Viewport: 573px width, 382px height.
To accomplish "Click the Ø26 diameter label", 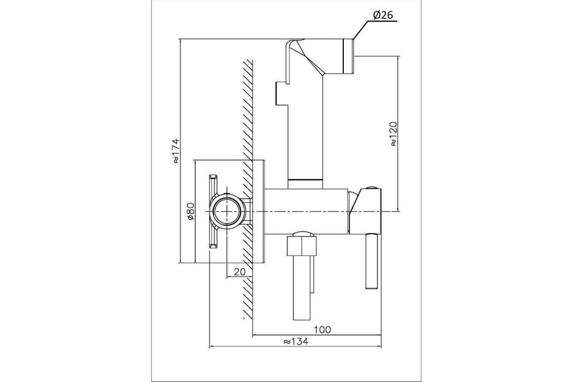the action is click(383, 15).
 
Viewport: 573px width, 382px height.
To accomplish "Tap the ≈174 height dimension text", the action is click(176, 151).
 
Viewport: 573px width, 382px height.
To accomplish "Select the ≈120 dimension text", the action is click(393, 134).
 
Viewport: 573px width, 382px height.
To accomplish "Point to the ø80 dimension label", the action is click(190, 212).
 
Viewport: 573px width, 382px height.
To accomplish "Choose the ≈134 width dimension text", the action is click(296, 341).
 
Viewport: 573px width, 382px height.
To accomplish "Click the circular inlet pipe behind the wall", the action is click(227, 212).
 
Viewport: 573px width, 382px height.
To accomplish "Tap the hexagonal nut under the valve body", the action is click(301, 246).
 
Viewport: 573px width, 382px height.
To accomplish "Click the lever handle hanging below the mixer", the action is click(372, 262).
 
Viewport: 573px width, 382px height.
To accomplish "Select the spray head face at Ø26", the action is click(348, 57).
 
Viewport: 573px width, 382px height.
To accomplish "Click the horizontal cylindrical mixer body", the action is click(306, 211).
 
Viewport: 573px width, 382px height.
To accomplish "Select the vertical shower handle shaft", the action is click(305, 128).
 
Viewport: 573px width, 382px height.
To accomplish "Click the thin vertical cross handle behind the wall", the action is click(213, 212).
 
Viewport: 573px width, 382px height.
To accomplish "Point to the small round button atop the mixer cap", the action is click(372, 188).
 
